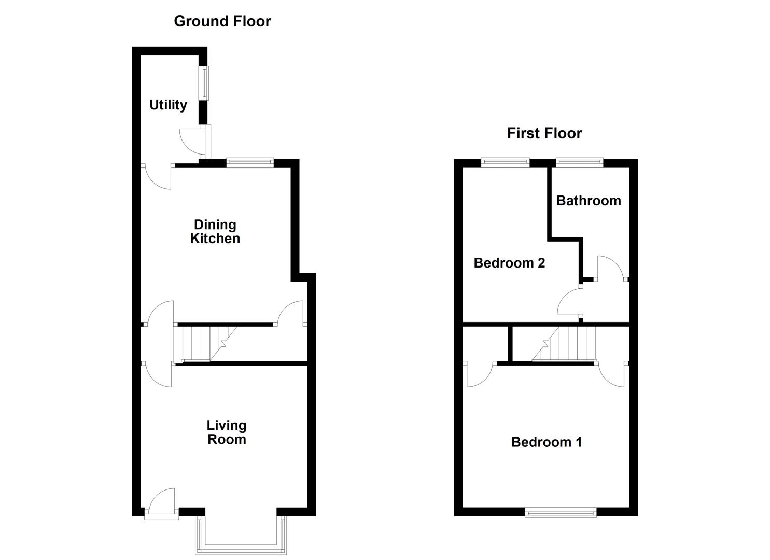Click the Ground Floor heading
(222, 21)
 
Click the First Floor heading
(544, 133)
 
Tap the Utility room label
(168, 105)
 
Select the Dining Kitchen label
(215, 232)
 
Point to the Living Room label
(227, 432)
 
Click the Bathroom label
(589, 201)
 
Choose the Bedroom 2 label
(509, 263)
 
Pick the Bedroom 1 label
(546, 442)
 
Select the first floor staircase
(565, 343)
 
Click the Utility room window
(205, 83)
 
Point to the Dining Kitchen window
(250, 163)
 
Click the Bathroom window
(579, 163)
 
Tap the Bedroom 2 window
(505, 163)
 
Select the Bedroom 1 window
(560, 512)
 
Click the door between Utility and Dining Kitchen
(158, 176)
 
